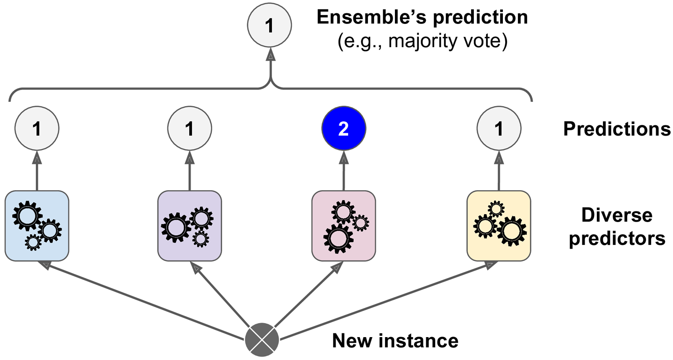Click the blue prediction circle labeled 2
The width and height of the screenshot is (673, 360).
pos(344,129)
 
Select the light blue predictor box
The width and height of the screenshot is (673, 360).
pos(37,226)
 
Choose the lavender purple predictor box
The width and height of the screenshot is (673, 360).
pos(190,226)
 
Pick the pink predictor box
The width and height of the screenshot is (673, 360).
pos(344,226)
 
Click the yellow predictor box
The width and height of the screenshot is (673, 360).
pos(499,226)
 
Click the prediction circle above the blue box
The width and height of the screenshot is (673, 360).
pos(37,129)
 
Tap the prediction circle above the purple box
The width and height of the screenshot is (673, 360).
pos(190,129)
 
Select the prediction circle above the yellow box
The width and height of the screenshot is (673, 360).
pos(499,129)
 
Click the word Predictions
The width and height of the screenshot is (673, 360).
pos(616,129)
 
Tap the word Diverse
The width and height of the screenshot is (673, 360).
pos(616,216)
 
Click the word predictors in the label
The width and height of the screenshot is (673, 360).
pos(616,238)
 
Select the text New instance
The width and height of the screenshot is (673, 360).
pos(395,341)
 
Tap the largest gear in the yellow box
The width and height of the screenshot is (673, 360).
pos(511,230)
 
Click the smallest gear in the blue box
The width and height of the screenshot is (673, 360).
pos(33,242)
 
